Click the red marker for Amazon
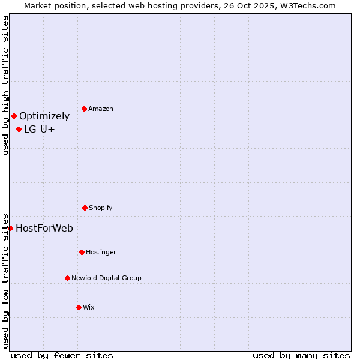[x=84, y=109]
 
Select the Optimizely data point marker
[x=14, y=116]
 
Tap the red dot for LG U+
[x=19, y=129]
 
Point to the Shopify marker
[x=85, y=208]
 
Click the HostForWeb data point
[x=10, y=228]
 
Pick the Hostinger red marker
[x=82, y=252]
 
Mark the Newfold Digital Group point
[x=67, y=278]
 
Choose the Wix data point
[x=79, y=307]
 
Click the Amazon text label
[x=101, y=109]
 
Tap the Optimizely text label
[x=44, y=116]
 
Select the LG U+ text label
[x=40, y=130]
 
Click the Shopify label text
[x=101, y=208]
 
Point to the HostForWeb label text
[x=44, y=228]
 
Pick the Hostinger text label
[x=101, y=252]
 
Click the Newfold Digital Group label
[x=106, y=278]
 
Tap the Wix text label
[x=89, y=307]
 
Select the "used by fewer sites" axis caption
[x=62, y=355]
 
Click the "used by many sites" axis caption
[x=301, y=355]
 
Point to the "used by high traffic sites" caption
[x=5, y=85]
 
